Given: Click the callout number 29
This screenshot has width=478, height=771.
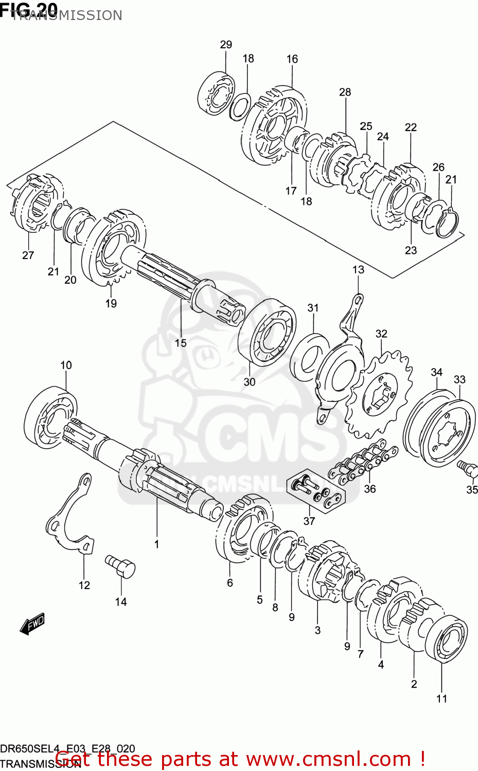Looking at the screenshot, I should coord(226,45).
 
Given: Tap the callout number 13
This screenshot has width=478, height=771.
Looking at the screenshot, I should coord(358,269).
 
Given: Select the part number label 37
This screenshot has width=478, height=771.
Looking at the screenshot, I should coord(309,521).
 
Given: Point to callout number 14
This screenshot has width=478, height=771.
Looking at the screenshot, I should coord(121,601).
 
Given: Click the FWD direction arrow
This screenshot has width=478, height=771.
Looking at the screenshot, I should coord(32,623).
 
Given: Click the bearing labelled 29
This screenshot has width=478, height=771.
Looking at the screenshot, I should coord(216,94).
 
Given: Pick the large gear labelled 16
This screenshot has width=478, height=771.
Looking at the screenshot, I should coord(274,125).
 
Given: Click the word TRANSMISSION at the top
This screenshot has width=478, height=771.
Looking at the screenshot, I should coord(67,16).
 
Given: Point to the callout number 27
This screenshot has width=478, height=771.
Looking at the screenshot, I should coord(28,255).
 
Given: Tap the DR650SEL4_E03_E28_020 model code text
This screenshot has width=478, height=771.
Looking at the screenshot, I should coord(67,749).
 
